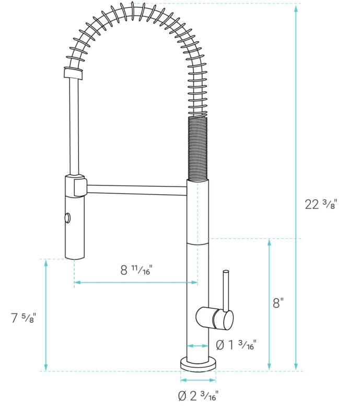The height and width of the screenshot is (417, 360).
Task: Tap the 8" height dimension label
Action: tap(278, 303)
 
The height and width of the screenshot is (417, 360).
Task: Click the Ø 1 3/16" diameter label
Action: tap(236, 345)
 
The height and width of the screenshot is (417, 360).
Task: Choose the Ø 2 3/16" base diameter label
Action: tap(198, 396)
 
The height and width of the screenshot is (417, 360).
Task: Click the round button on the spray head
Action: tap(67, 217)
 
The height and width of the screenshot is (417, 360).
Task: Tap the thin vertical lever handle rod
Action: tap(226, 290)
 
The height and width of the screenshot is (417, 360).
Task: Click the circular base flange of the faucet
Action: tap(198, 363)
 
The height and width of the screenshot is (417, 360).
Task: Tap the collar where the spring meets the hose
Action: tap(73, 73)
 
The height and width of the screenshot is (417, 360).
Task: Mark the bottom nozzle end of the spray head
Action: tap(74, 255)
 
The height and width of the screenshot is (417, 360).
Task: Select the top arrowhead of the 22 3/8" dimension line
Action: tap(296, 7)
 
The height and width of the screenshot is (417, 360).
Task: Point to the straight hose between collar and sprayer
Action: tap(74, 125)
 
